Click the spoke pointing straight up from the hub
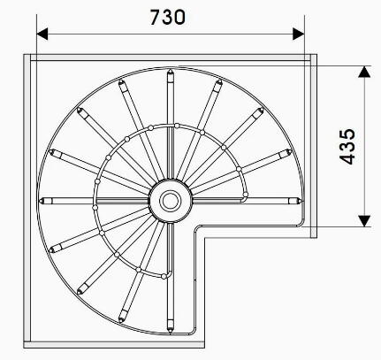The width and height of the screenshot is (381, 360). pos(169,124)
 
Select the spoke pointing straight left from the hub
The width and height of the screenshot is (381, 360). pos(97,199)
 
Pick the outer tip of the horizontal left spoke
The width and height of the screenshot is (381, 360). pos(44,199)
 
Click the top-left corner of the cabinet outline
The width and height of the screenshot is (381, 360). pos(24,55)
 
